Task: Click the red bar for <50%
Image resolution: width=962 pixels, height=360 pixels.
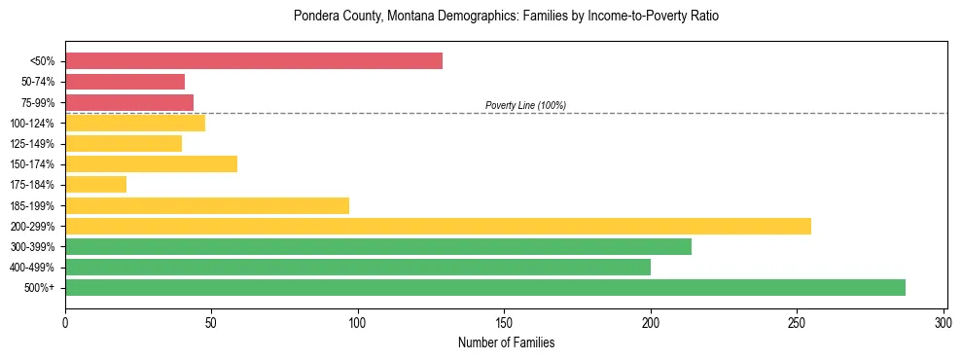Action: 254,61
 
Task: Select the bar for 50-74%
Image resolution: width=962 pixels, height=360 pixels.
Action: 125,82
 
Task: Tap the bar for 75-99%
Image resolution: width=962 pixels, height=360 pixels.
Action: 129,102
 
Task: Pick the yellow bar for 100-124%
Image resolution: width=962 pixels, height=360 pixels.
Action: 135,123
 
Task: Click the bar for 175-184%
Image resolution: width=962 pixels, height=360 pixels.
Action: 95,184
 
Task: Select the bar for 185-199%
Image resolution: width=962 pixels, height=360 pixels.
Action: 207,205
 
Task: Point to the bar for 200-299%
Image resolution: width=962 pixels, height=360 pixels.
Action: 438,226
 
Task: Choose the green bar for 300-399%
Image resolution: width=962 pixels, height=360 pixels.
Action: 378,246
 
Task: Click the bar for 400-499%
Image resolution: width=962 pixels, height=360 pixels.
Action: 358,267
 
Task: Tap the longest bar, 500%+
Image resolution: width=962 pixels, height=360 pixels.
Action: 485,287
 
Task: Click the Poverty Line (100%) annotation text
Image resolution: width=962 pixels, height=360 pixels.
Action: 525,105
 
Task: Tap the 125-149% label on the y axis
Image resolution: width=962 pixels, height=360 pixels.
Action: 33,144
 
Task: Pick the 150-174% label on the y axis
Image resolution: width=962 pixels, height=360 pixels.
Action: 33,164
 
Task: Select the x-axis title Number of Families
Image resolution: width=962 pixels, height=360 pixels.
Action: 505,343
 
